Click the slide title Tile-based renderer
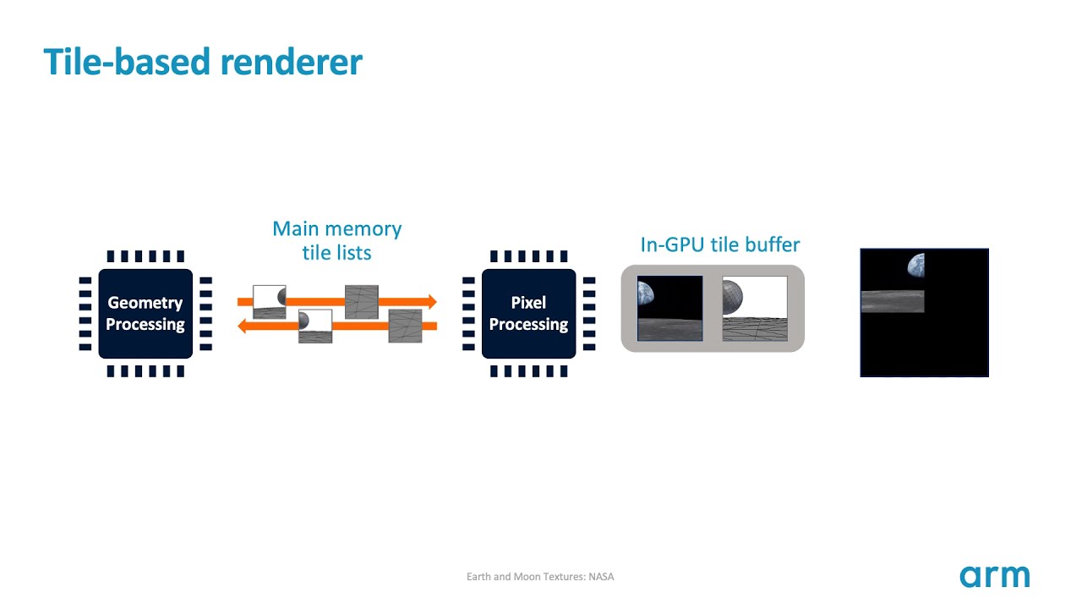coord(203,62)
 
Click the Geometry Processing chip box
coord(145,314)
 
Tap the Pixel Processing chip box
coord(528,314)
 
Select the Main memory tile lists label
coord(336,240)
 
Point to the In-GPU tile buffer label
coord(719,245)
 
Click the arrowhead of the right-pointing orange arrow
coord(431,301)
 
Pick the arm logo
coord(994,576)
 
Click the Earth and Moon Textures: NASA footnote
coord(540,577)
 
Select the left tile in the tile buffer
coord(669,309)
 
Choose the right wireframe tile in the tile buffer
coord(755,309)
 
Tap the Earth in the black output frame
coord(916,266)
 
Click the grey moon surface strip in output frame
coord(892,301)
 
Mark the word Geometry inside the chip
coord(145,303)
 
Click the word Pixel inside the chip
coord(528,303)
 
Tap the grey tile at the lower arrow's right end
coord(405,326)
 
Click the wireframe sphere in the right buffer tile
coord(733,296)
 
